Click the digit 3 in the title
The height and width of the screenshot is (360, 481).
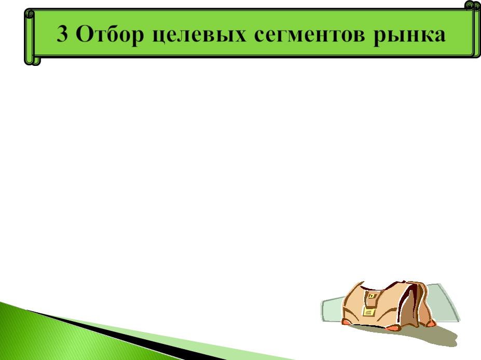tap(62, 33)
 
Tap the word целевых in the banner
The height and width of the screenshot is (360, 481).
tap(199, 35)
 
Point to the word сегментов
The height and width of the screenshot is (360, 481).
tap(310, 34)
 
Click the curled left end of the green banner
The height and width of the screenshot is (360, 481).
tap(32, 37)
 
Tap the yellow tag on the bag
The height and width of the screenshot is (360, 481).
tap(369, 312)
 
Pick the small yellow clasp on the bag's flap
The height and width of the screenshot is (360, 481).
tap(372, 296)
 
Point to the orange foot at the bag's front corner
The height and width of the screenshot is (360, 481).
tap(392, 328)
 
